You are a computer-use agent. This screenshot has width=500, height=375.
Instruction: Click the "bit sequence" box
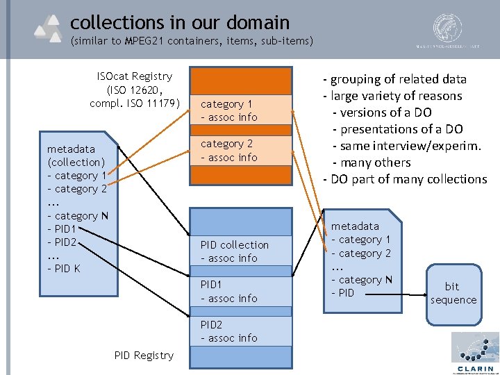453,294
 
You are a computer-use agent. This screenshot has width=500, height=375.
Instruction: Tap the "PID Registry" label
144,356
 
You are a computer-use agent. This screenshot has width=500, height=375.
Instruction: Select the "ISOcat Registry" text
135,76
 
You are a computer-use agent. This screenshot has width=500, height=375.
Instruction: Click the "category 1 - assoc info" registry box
240,110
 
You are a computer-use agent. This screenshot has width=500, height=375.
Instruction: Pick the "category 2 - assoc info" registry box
240,151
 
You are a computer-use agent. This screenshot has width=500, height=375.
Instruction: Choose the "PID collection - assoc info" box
240,251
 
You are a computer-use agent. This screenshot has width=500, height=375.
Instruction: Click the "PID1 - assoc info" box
240,292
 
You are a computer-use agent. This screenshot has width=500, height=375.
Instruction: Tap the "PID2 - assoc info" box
240,331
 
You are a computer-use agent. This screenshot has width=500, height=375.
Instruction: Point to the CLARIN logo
475,353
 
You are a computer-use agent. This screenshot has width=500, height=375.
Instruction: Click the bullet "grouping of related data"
394,79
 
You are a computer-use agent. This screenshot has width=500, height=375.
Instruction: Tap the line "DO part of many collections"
406,179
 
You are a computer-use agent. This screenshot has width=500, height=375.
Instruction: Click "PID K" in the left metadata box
64,268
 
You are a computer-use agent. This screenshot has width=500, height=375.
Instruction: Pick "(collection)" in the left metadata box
76,162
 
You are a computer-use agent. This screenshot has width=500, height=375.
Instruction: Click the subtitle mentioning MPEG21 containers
192,42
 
